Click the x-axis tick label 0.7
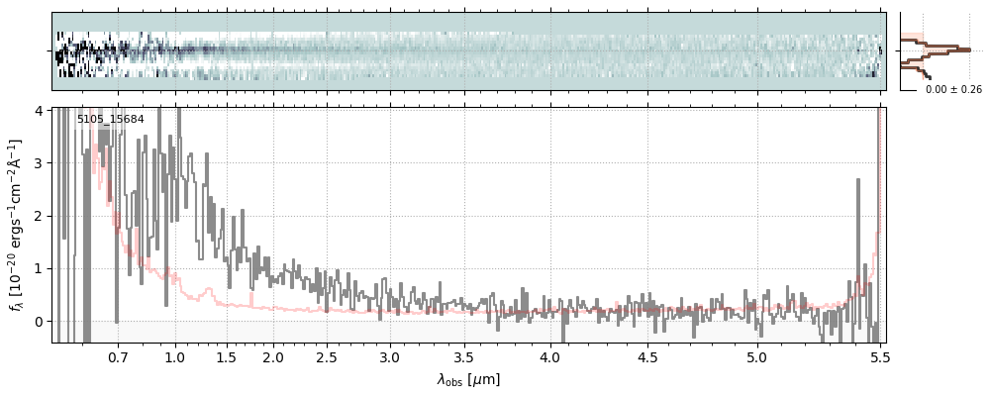(x=118, y=356)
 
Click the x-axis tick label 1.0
(x=175, y=356)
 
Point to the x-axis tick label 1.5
(x=226, y=356)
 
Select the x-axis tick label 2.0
(x=273, y=356)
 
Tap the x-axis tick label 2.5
(x=328, y=356)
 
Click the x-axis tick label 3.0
(x=390, y=356)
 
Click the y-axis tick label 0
(x=39, y=322)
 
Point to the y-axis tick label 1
(x=39, y=268)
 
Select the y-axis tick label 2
(x=39, y=216)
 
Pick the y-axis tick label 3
(x=39, y=162)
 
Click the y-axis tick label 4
(x=39, y=110)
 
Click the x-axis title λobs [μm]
(x=468, y=379)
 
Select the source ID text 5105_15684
(x=110, y=120)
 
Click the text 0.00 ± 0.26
(x=953, y=89)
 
